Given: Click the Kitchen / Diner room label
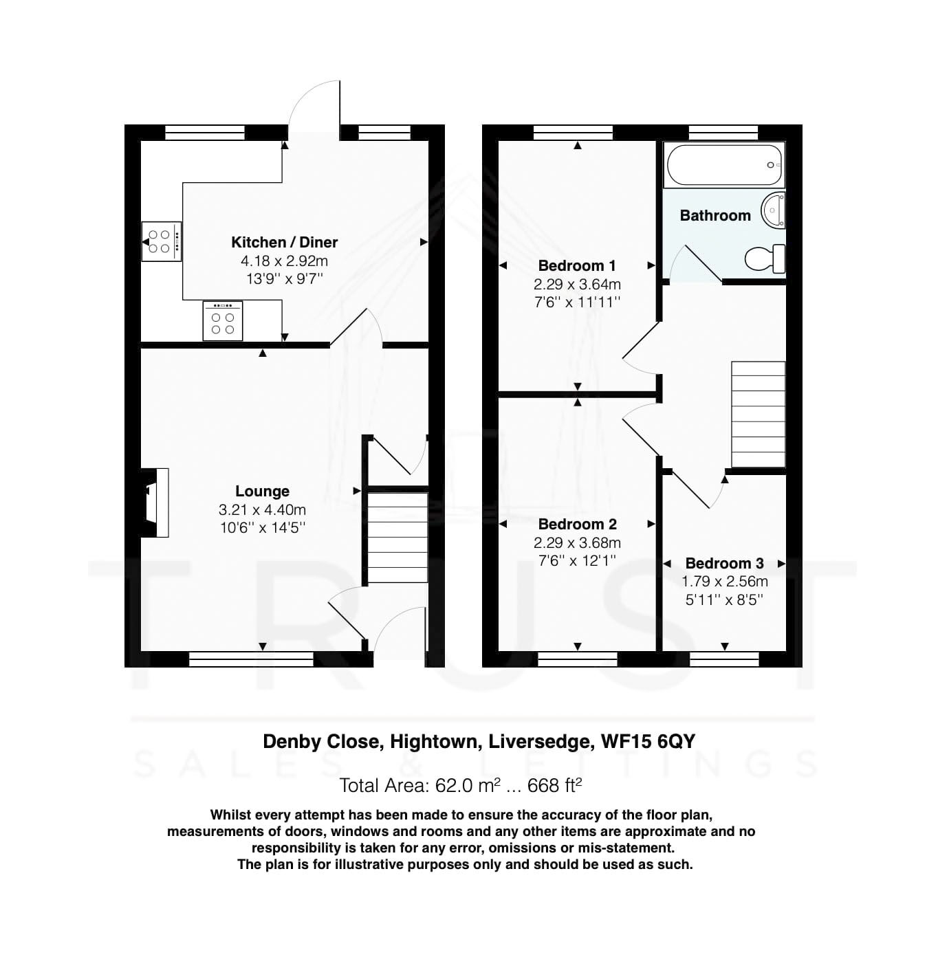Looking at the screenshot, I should tap(284, 242).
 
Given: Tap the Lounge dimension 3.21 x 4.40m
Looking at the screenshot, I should tap(262, 509).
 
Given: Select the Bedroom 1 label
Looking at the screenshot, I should tap(576, 265).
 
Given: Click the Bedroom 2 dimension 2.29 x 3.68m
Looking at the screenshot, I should tap(577, 542).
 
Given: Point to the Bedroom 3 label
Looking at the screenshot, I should tap(724, 563).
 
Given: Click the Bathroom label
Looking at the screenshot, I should tap(715, 215).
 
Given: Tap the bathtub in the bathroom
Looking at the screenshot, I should tap(724, 165).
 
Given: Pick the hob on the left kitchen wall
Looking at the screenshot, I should tap(162, 241).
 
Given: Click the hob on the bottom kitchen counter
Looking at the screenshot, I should tap(222, 321).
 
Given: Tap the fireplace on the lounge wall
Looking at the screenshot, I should tap(155, 502).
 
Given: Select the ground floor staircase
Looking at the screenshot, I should tap(396, 537).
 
